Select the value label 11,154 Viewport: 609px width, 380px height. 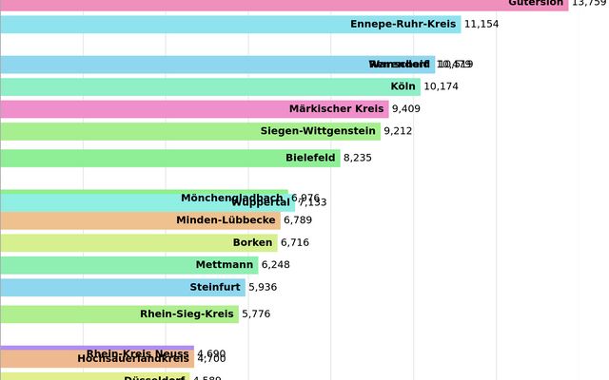[481, 24]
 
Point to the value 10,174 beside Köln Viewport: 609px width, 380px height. [441, 86]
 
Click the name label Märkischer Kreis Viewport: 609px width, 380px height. [336, 109]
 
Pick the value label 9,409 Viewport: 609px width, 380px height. [406, 109]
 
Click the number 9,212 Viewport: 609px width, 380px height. [398, 131]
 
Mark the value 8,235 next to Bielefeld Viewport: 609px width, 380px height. [358, 158]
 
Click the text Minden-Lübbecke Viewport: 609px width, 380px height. [226, 220]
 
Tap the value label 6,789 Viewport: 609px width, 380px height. [298, 220]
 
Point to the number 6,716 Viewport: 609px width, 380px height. [295, 242]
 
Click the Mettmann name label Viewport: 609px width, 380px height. [225, 265]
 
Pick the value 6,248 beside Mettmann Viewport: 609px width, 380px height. [277, 265]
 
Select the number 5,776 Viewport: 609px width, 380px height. [256, 313]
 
